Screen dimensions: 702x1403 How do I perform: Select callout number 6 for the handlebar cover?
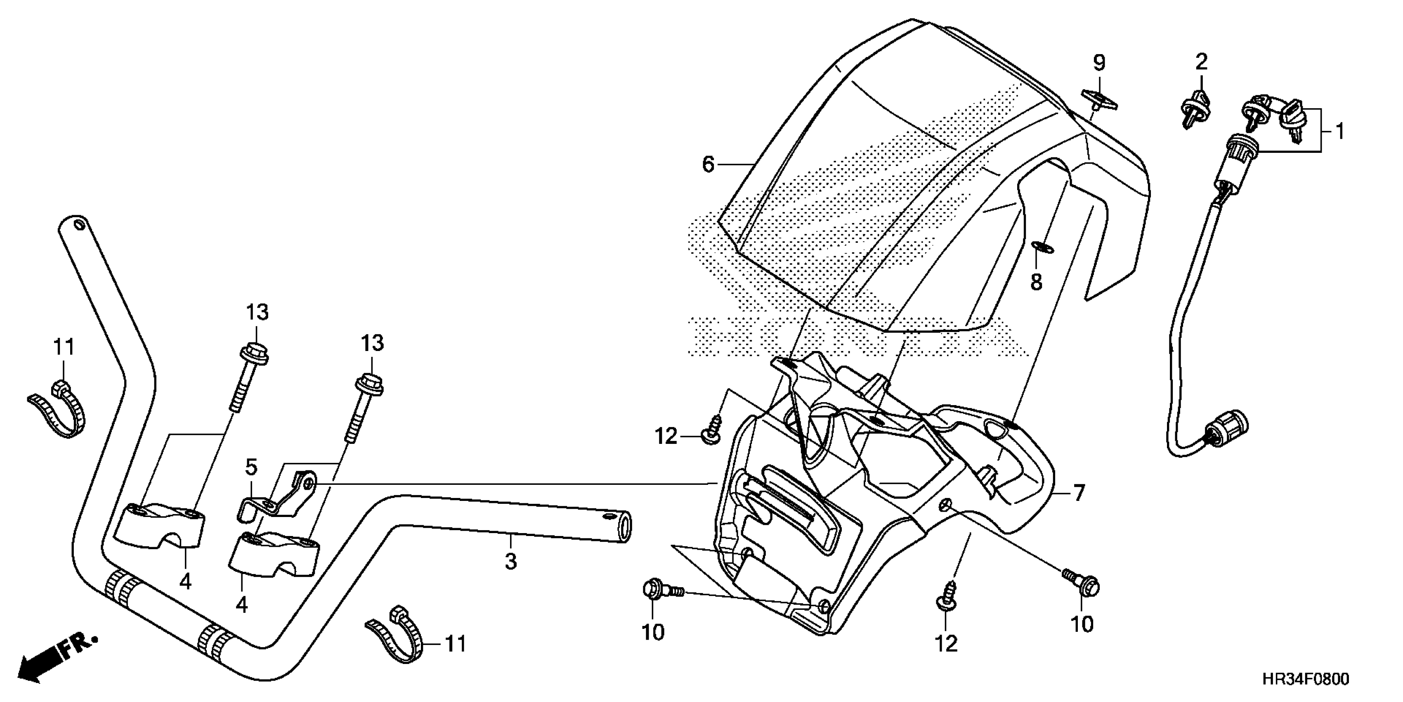pyautogui.click(x=708, y=164)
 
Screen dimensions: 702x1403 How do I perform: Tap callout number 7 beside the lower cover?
pyautogui.click(x=1079, y=493)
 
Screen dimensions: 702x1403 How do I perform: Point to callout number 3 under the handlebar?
pyautogui.click(x=510, y=561)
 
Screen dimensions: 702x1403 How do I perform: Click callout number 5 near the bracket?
pyautogui.click(x=251, y=467)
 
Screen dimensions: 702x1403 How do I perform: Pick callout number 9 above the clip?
pyautogui.click(x=1099, y=63)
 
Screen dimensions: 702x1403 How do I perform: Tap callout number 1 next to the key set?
pyautogui.click(x=1339, y=131)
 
